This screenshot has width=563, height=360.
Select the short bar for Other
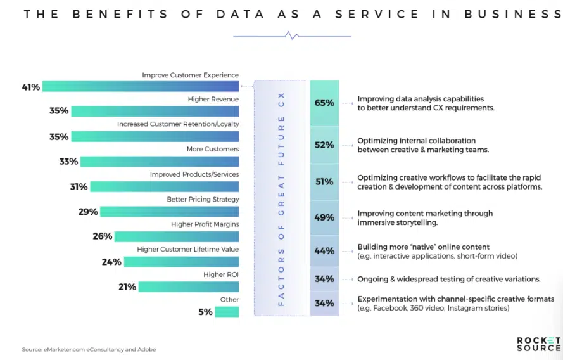227,312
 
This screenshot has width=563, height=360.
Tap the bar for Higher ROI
189,287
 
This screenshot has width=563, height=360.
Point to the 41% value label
30,87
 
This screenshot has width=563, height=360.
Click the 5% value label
205,312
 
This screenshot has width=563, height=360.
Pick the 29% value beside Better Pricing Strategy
88,212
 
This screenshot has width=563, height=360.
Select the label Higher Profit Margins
205,224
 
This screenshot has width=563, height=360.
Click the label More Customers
213,149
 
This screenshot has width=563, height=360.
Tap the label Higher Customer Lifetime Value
187,249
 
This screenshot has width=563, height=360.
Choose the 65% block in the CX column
324,103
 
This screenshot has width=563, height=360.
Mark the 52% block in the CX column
324,145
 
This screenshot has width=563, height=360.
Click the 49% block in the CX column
324,217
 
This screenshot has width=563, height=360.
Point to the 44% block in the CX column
324,250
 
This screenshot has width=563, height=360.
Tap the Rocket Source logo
538,344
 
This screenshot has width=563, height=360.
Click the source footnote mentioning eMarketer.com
89,349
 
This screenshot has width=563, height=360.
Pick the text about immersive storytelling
425,218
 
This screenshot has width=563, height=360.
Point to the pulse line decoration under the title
292,36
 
